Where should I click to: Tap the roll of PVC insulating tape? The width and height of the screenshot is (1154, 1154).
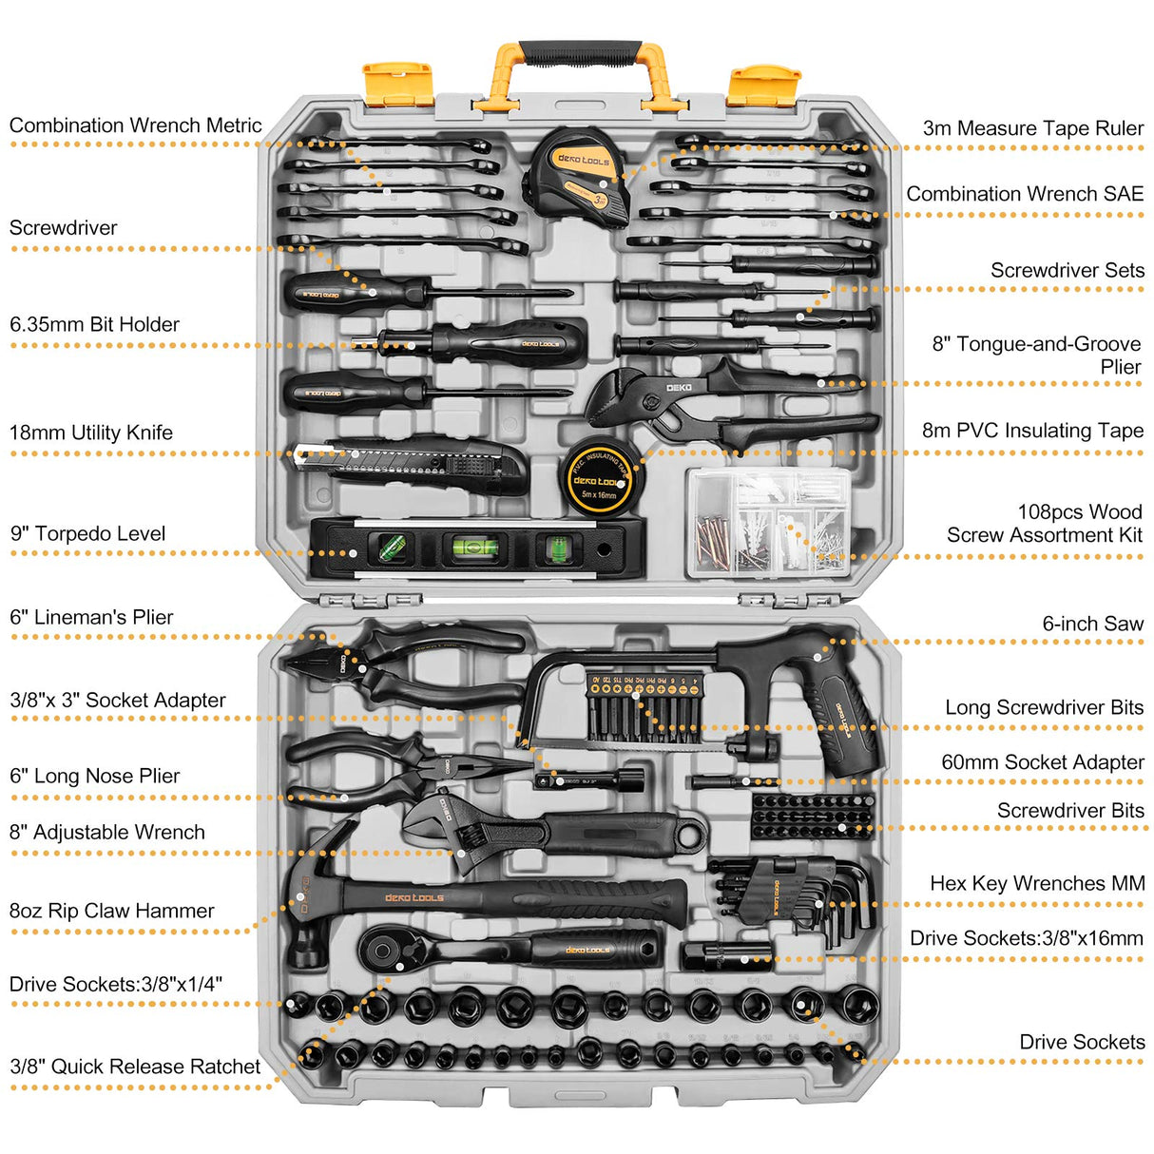point(601,478)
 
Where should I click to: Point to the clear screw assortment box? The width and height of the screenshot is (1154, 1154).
point(767,523)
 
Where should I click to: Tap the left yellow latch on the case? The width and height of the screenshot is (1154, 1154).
point(398,84)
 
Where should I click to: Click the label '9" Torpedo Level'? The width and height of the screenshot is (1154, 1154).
point(87,534)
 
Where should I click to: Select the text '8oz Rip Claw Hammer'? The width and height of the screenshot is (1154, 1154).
point(111,911)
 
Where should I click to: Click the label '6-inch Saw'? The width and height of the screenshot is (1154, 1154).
point(1092,625)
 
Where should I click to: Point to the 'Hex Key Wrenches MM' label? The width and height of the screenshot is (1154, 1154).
point(1036,884)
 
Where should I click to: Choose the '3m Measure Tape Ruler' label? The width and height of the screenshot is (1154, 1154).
point(1032,128)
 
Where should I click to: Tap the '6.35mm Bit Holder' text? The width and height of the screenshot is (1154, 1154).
point(94,325)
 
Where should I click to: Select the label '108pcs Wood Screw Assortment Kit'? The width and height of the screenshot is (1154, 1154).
point(1046,524)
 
